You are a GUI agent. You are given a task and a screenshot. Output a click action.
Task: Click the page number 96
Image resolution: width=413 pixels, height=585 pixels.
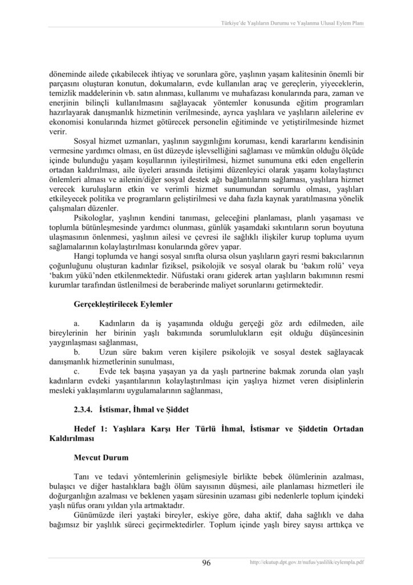(x=206, y=563)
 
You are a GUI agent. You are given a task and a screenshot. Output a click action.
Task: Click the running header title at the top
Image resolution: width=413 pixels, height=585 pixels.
(x=293, y=23)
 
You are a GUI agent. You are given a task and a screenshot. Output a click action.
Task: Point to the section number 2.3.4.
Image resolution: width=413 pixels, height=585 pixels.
(x=84, y=409)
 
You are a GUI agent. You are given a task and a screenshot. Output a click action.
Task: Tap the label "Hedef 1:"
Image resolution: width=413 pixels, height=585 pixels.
(x=91, y=428)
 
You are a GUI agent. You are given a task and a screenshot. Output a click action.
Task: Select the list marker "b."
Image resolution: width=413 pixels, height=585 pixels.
(x=77, y=352)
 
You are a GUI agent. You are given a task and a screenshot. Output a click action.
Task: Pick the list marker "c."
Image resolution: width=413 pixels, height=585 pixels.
(x=77, y=371)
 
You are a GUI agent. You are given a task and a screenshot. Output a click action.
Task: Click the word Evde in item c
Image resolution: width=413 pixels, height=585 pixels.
(x=109, y=371)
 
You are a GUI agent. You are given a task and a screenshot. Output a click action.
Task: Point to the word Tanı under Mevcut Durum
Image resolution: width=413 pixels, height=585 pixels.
(x=82, y=476)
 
